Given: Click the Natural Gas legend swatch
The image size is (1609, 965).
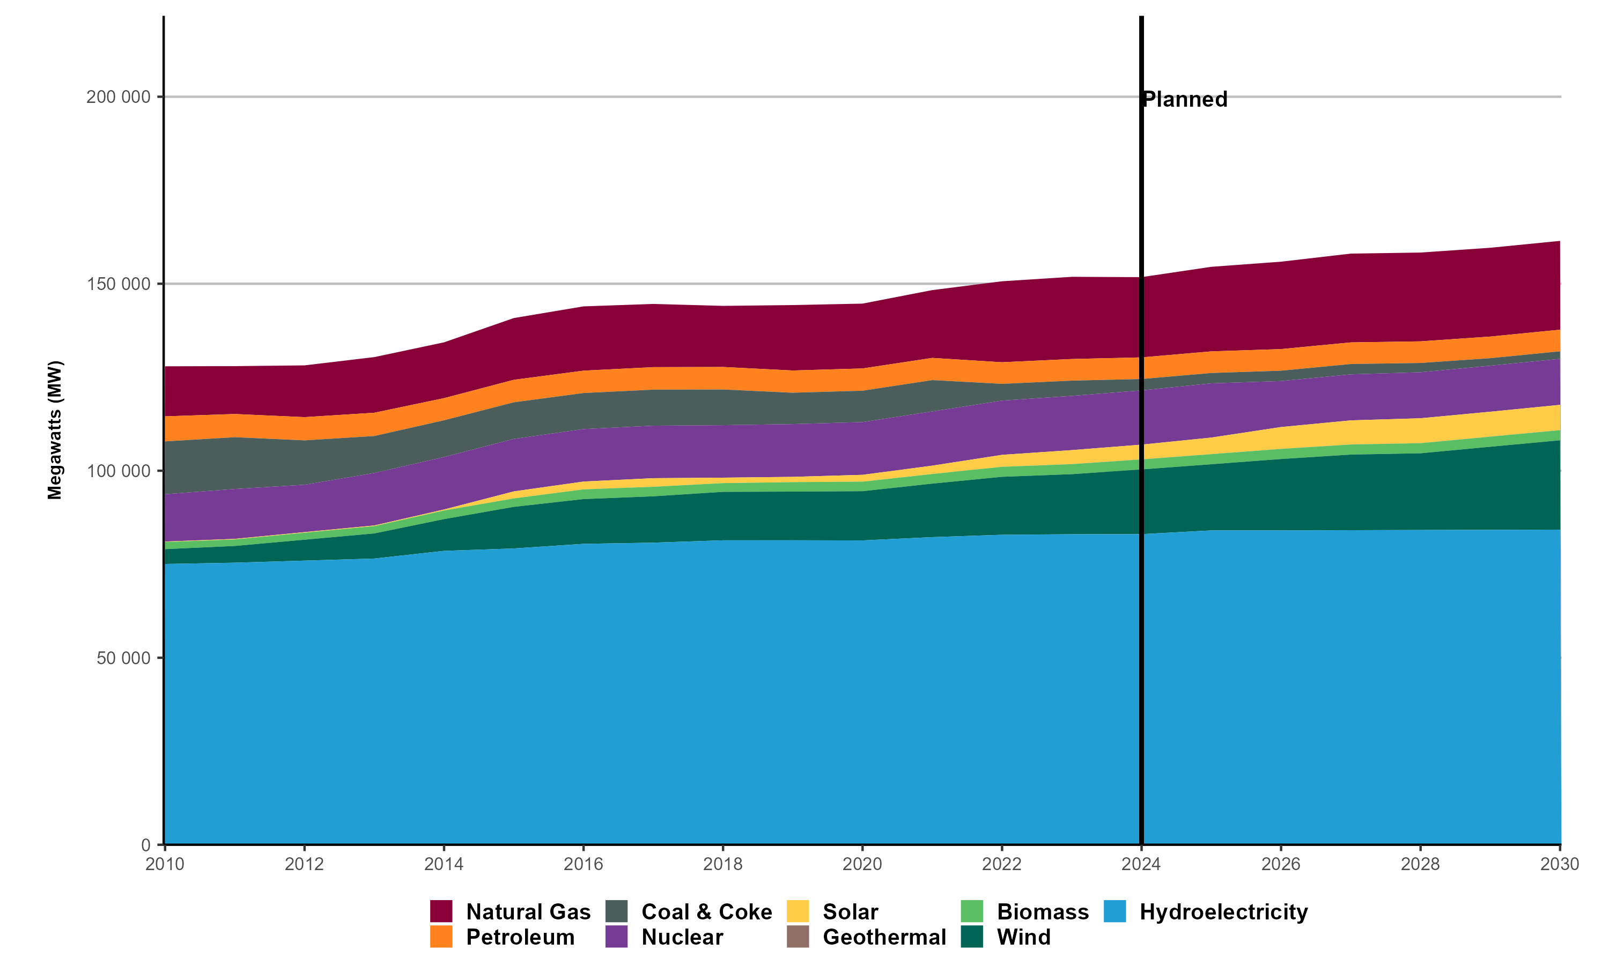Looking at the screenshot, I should (x=441, y=911).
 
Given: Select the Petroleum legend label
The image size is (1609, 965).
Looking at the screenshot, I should (x=520, y=937).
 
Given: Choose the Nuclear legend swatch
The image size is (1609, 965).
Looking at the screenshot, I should (x=616, y=937).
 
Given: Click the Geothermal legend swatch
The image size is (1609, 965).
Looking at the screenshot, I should (x=798, y=937).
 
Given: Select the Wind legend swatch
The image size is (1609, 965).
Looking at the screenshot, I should (x=972, y=937).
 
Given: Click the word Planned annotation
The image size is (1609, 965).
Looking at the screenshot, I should (x=1185, y=100).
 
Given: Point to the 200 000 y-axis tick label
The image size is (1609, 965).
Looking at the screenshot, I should (x=119, y=97).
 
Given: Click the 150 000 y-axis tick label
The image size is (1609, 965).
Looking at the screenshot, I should (x=119, y=284).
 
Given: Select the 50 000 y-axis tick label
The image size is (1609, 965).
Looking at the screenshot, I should (x=123, y=658).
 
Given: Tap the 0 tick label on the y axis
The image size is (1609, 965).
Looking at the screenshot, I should (x=146, y=845).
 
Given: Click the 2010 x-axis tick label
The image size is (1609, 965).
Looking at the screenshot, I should (x=165, y=864).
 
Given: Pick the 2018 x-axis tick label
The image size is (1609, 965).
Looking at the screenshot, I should (x=722, y=864).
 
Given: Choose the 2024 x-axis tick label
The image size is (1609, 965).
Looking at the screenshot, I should (x=1141, y=864).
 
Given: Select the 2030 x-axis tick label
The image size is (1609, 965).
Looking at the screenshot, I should (x=1560, y=864).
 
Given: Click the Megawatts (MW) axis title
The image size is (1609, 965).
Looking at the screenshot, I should (x=55, y=430).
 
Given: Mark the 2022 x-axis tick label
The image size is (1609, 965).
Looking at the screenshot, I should (x=1001, y=864).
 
